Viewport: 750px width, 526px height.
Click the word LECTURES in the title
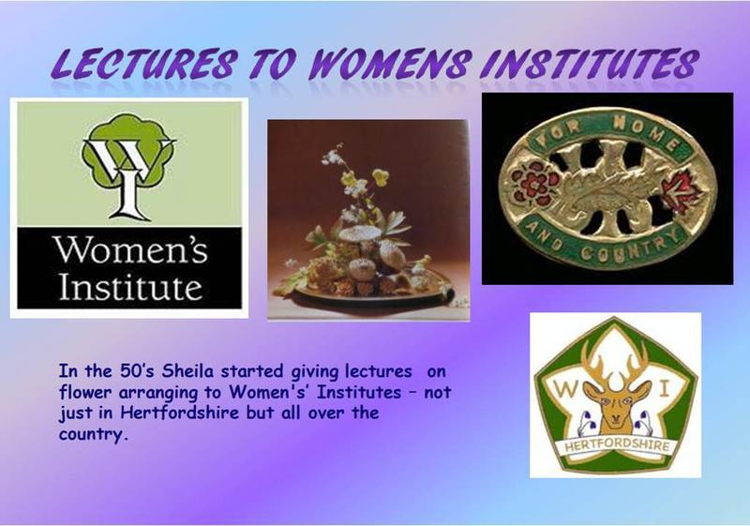(144, 64)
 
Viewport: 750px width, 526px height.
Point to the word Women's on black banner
(130, 249)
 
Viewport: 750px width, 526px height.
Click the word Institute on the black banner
(130, 286)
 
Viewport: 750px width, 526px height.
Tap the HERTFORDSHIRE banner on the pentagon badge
(616, 445)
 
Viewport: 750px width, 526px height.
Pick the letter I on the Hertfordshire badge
(664, 390)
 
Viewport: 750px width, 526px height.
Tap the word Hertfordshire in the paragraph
(179, 413)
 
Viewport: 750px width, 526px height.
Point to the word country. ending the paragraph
(94, 434)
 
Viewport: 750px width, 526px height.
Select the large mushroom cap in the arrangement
(360, 233)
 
